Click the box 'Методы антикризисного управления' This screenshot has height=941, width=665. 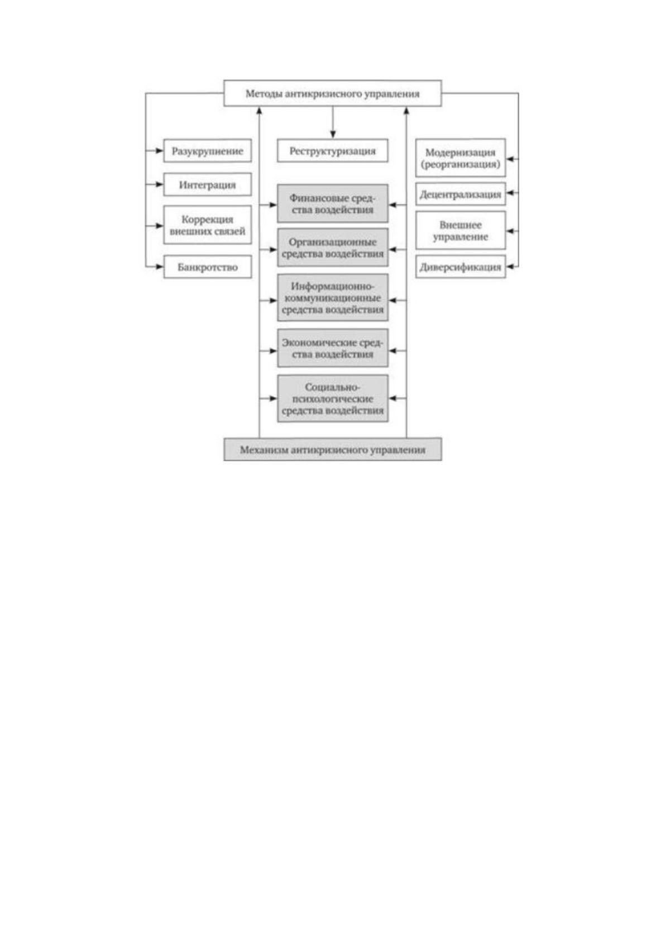tap(332, 93)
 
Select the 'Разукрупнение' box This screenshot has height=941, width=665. tap(207, 151)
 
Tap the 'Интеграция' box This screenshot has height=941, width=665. tap(207, 184)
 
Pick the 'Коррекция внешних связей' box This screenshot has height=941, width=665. tap(207, 225)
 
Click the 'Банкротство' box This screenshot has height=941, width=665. tap(207, 267)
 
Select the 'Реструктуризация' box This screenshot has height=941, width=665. tap(333, 151)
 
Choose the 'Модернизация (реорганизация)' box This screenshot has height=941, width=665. tap(461, 158)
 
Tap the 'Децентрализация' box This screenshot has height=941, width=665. tap(461, 194)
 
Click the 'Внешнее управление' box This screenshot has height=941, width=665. tap(461, 231)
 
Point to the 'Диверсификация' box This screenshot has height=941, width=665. tap(461, 267)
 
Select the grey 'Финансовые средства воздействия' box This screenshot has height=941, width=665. tap(333, 204)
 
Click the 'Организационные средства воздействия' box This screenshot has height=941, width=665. tap(333, 248)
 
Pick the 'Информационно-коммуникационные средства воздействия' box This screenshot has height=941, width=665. tap(333, 298)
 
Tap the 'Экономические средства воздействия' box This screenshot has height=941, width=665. tap(333, 348)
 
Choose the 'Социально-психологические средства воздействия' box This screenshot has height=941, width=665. tap(333, 398)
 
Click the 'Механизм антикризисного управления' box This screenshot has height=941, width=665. tap(333, 449)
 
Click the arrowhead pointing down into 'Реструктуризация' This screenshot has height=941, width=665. tap(333, 135)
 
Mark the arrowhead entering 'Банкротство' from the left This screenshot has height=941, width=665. tap(160, 267)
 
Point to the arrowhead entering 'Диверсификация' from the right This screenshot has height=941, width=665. tap(510, 267)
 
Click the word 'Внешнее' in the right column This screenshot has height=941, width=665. tap(461, 225)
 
